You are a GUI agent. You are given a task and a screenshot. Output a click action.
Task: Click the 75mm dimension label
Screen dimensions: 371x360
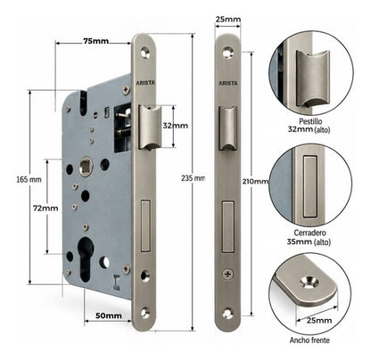(x=95, y=41)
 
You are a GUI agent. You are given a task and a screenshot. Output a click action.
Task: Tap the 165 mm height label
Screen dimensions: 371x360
(x=29, y=179)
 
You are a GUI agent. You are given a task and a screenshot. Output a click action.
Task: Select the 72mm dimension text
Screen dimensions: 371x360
(x=45, y=209)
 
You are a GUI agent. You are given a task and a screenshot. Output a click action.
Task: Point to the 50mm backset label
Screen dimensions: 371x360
(x=109, y=315)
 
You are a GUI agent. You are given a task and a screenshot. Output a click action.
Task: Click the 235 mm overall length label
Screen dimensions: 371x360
(x=194, y=178)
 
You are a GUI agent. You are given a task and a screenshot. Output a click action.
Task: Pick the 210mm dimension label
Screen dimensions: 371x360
(x=256, y=181)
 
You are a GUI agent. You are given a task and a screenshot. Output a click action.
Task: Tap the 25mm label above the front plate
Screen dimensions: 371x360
(x=228, y=20)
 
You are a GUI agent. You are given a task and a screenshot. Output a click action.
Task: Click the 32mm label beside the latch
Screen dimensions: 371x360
(x=175, y=126)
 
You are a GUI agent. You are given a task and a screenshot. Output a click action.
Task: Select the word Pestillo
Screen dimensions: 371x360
(x=310, y=121)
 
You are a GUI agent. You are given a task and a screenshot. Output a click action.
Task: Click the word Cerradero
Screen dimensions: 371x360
(x=309, y=233)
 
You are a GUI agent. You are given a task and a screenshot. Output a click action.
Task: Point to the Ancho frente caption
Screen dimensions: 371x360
(x=309, y=340)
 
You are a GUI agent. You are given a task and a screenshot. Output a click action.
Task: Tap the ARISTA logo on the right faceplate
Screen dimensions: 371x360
(x=228, y=83)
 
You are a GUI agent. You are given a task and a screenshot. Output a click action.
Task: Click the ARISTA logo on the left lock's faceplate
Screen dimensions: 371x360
(x=145, y=83)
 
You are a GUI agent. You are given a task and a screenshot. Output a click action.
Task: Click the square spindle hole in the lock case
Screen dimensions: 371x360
(x=86, y=164)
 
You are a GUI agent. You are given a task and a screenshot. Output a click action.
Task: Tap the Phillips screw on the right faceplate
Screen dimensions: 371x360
(x=228, y=274)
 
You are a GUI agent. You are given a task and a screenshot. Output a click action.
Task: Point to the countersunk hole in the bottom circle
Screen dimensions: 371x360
(x=309, y=282)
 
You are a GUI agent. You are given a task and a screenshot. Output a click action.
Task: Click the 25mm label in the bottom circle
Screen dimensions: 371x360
(x=319, y=320)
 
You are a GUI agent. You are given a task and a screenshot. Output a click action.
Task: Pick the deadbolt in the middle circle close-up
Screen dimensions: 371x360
(x=309, y=186)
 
